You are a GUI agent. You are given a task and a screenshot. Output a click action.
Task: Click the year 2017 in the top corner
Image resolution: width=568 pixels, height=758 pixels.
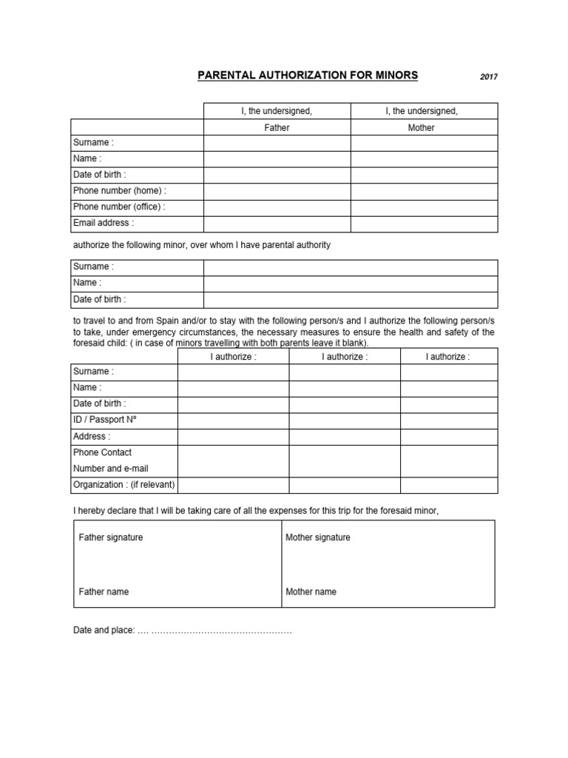pos(488,76)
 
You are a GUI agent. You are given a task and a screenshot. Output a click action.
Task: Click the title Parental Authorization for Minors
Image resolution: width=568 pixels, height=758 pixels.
pos(307,75)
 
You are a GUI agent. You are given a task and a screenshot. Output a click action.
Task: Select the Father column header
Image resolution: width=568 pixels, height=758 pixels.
pos(277,127)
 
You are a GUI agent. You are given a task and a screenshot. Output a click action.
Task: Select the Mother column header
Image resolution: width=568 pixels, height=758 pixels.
pos(422,127)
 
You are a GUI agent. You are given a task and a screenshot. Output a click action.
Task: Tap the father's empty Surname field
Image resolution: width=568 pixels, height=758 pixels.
pos(277,143)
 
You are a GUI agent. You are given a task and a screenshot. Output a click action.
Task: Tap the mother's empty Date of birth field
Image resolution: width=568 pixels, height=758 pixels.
pos(424,175)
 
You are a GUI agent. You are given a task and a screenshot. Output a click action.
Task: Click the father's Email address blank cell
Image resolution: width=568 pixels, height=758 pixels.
pos(277,224)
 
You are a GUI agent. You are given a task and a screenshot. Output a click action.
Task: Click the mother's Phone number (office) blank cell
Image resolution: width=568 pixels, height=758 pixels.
pos(424,207)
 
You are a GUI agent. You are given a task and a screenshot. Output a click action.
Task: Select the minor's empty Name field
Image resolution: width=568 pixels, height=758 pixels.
pos(351,284)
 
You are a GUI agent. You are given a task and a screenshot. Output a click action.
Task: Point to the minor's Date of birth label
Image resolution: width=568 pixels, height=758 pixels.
pos(100,300)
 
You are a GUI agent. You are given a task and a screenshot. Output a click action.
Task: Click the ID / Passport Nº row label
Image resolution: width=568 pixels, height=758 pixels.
pos(105,420)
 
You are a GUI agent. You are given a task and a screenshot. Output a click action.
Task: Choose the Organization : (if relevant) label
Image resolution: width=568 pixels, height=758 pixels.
pos(124,485)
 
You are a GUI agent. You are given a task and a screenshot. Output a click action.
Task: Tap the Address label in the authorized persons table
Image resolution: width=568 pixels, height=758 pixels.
pos(92,437)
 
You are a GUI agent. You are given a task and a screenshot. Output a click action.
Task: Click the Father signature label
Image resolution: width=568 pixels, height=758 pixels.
pos(111,537)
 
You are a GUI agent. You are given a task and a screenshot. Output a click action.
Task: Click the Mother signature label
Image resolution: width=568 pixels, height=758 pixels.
pos(318,537)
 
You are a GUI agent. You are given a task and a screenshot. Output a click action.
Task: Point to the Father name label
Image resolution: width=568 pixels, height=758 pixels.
pos(104,592)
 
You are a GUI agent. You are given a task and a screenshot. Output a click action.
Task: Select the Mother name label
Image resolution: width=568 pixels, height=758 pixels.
pos(311,592)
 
